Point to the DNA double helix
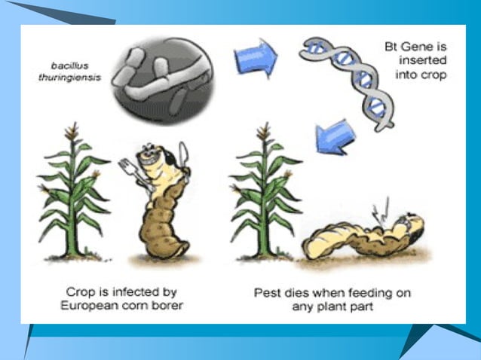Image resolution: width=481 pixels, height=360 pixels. [346, 80]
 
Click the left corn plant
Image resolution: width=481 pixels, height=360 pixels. [74, 196]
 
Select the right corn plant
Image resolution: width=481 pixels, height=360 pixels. [264, 196]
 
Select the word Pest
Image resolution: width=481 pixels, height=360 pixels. [269, 291]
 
